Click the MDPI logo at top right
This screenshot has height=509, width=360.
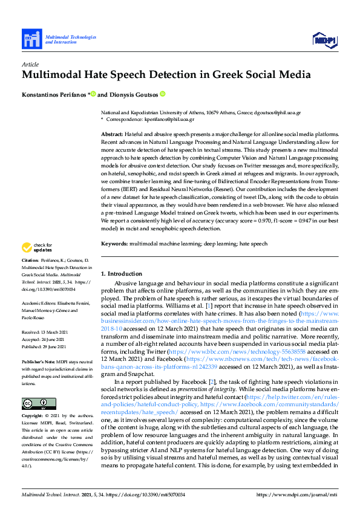[x=324, y=40]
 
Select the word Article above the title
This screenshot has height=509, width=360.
[x=30, y=65]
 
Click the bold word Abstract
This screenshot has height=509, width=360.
[x=111, y=134]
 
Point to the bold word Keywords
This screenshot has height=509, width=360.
[x=114, y=244]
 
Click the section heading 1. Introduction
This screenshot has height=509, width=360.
[x=120, y=274]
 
